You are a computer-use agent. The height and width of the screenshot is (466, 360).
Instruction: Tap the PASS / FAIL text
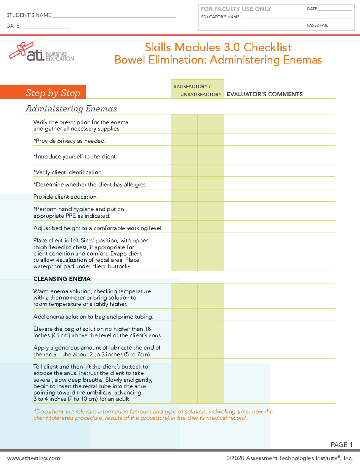coord(317,26)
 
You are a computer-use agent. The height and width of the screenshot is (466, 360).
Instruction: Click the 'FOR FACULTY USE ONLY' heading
coord(235,9)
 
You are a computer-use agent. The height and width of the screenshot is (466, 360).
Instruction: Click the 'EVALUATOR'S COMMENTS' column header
coord(264,94)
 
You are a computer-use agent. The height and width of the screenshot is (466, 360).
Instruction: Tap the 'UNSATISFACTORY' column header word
coord(201,95)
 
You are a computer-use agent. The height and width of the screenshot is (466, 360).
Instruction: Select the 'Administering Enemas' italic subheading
coord(71,109)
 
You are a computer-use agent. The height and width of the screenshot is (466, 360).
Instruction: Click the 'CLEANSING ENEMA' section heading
coord(62,279)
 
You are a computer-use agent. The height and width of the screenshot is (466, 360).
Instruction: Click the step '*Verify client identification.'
coord(68,172)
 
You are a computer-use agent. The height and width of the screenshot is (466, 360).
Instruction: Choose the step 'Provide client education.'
coord(65,197)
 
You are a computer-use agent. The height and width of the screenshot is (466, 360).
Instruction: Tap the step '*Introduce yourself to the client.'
coord(75,157)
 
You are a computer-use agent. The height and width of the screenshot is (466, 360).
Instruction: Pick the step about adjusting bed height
coord(98,228)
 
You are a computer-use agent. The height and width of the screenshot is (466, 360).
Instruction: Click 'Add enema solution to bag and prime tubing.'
coord(93,317)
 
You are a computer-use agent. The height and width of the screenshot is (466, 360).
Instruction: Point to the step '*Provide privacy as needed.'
coord(70,141)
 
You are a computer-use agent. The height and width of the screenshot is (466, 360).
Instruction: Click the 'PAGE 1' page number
coord(341,444)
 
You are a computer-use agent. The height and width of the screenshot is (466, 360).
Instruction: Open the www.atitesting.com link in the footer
coord(34,458)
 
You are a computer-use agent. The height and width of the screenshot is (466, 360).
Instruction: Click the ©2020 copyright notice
coord(289,458)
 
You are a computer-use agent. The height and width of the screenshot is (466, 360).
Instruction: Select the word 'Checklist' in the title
coord(267,47)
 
